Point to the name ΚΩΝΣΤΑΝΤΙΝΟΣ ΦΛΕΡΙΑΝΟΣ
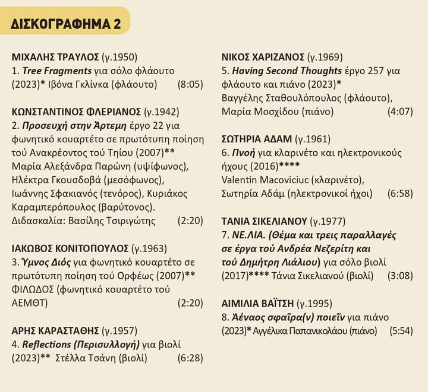(x=75, y=112)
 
